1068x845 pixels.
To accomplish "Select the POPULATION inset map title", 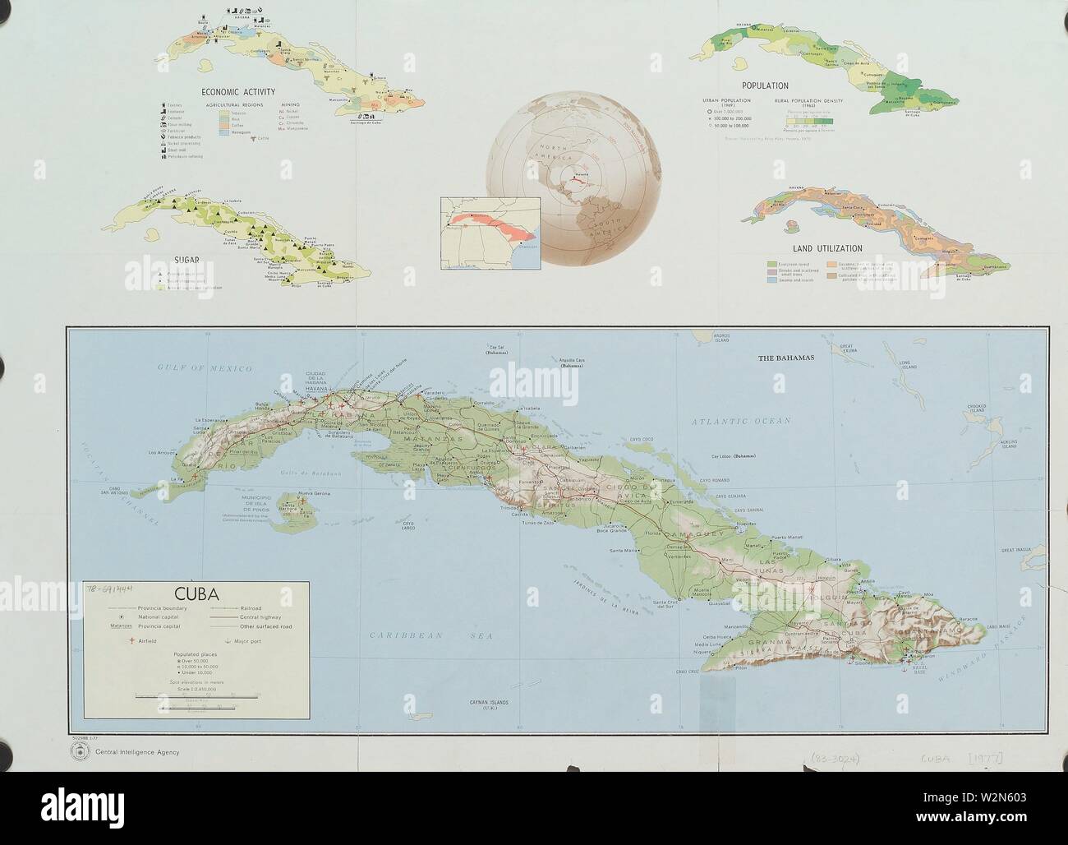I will (x=764, y=85).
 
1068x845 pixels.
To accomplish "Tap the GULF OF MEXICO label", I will (x=190, y=372).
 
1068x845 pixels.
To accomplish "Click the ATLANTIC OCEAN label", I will (x=740, y=421).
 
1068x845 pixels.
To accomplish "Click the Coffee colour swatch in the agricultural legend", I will (x=223, y=125).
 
